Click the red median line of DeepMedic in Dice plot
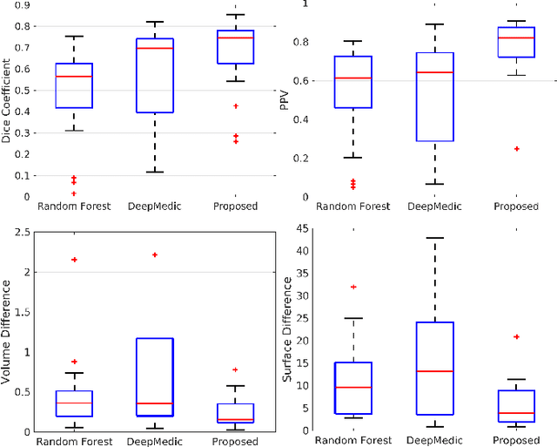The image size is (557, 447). tap(155, 48)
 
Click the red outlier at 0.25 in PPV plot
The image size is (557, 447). tap(516, 149)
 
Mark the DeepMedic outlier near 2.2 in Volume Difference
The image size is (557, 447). tap(155, 254)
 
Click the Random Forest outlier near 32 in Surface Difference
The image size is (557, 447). tap(353, 287)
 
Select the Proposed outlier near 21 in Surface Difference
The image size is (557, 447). tap(516, 336)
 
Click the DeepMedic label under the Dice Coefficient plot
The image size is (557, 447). tap(155, 207)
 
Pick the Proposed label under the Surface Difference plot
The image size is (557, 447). tap(516, 440)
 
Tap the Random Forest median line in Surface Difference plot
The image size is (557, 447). tap(353, 387)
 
